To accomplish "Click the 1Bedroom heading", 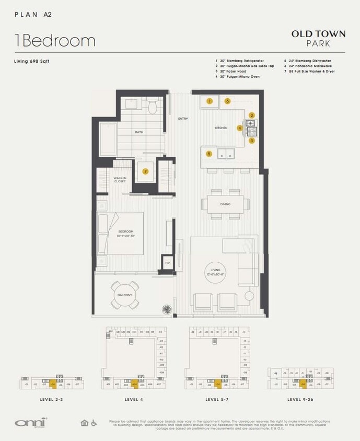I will tap(55, 41).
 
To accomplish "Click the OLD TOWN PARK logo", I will tap(318, 38).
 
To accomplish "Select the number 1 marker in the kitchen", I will tap(209, 101).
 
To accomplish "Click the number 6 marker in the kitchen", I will tap(227, 101).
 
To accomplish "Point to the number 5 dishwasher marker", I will tap(209, 154).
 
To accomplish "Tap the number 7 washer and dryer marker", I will tap(146, 171).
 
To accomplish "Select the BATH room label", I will tap(139, 132).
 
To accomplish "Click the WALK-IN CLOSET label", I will tap(120, 180).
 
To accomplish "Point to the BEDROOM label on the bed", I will tap(125, 233).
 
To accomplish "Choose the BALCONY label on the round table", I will tap(124, 295).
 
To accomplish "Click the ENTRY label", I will tap(183, 119).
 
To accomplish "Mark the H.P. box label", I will tap(168, 263).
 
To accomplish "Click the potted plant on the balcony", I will tap(167, 309).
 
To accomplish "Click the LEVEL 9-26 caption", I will tap(300, 399).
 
